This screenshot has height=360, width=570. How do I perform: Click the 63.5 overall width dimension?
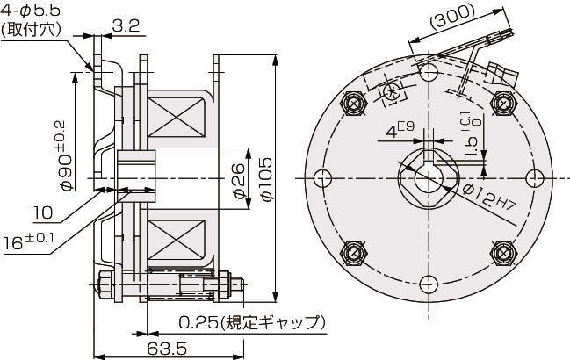point(167,348)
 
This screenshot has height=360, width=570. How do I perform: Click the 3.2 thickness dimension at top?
point(127,26)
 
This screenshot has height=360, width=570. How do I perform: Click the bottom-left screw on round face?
point(354,253)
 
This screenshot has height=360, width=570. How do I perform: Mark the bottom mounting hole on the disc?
point(428,285)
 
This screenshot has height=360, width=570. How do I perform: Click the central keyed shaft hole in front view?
point(428,176)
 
